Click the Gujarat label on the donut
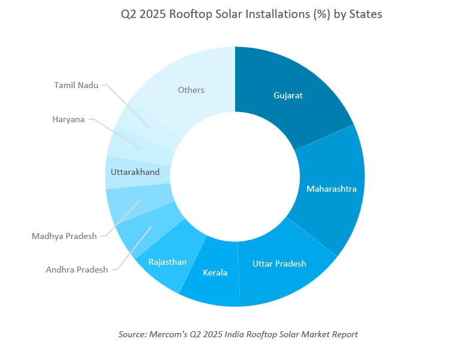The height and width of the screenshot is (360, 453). [x=288, y=95]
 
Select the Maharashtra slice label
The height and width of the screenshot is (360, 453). [x=332, y=189]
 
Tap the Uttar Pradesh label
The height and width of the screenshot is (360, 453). [x=279, y=264]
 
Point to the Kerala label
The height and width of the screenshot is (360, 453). [x=215, y=273]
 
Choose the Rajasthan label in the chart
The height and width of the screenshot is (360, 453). [x=168, y=262]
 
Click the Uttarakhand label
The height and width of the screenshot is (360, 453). [x=135, y=172]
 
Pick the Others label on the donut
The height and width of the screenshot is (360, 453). [x=191, y=90]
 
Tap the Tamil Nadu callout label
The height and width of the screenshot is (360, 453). [x=76, y=85]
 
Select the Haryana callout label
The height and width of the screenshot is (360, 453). [x=68, y=119]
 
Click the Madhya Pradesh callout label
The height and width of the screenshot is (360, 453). [x=64, y=236]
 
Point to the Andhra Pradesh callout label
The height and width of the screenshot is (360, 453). [x=77, y=270]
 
